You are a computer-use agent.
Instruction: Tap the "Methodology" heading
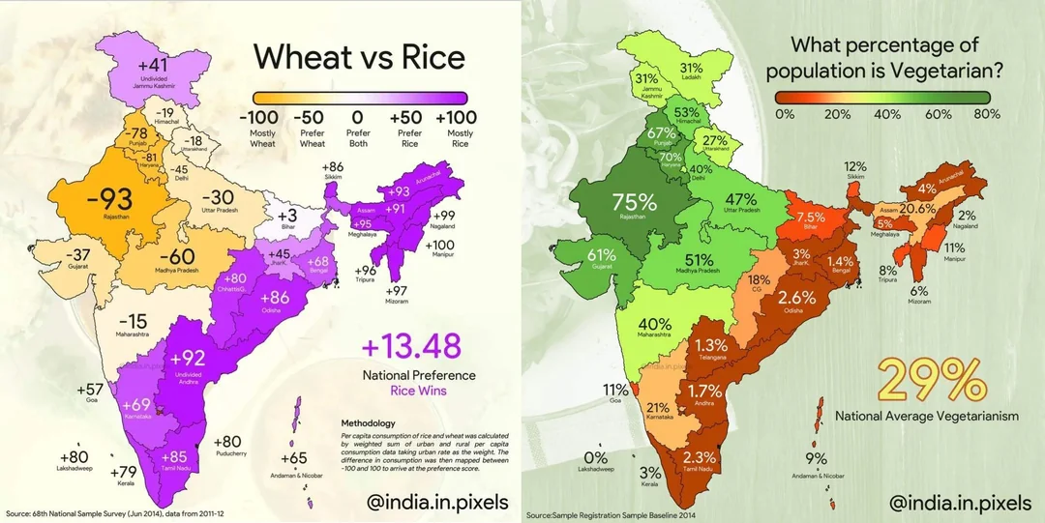pos(370,423)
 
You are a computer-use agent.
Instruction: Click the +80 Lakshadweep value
pos(74,456)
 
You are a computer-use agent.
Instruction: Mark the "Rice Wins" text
pos(418,392)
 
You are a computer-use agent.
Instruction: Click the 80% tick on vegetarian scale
pos(987,115)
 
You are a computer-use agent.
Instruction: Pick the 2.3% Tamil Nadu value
pos(699,457)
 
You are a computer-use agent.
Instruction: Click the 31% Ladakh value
pos(691,68)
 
